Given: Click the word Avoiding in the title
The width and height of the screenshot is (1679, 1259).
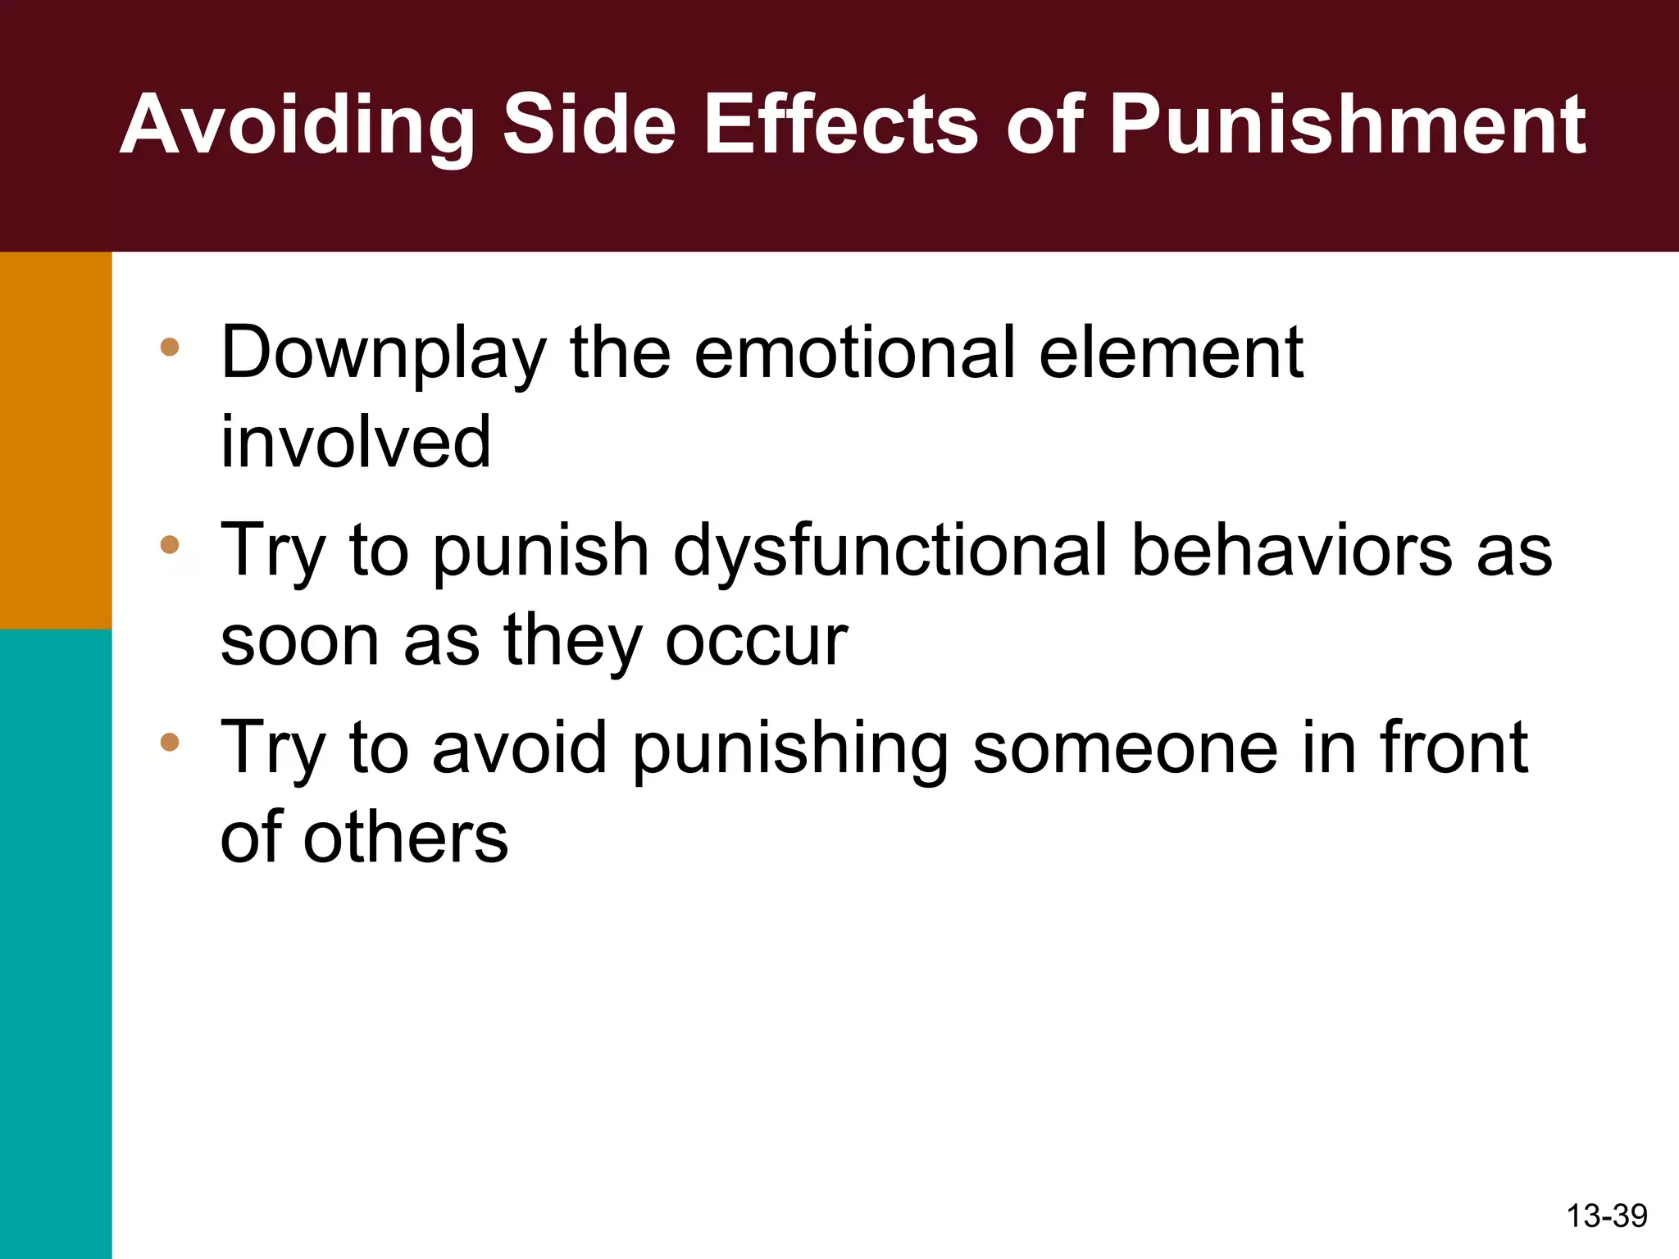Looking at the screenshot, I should click(297, 125).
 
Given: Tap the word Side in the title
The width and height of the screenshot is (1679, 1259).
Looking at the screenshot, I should click(589, 125).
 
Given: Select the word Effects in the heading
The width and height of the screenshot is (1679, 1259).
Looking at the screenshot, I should click(840, 125).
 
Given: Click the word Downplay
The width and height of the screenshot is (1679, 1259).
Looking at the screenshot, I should click(383, 354).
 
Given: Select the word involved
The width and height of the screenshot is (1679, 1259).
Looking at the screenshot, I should click(356, 442).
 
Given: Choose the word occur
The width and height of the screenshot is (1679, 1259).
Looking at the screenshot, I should click(756, 640).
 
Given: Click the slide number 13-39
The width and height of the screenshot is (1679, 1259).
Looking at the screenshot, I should click(1606, 1216).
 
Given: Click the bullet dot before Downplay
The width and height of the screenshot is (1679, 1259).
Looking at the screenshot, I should click(170, 347).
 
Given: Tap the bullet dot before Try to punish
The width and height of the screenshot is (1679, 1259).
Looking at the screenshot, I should click(170, 544).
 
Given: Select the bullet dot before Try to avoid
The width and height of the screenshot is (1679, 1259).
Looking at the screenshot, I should click(170, 743).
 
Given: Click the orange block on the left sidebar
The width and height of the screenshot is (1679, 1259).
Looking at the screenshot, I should click(56, 440).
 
